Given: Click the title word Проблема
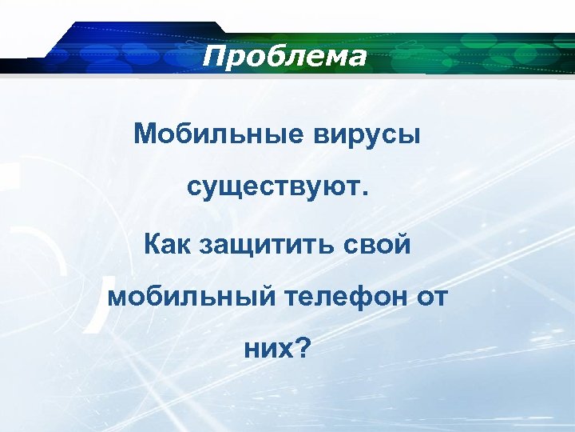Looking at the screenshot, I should pyautogui.click(x=284, y=57).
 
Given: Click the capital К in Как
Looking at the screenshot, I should pyautogui.click(x=152, y=242).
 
